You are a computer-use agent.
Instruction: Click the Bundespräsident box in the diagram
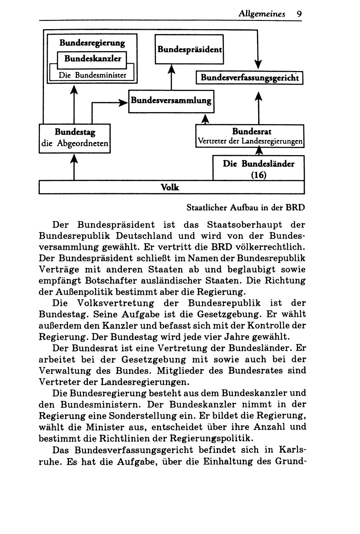[189, 49]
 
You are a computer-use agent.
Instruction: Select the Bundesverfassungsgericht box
[249, 78]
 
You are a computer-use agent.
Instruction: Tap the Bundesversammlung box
[171, 101]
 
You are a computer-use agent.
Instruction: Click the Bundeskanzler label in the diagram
[93, 59]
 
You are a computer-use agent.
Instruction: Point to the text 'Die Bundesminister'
[93, 75]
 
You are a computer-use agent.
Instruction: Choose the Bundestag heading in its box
[75, 132]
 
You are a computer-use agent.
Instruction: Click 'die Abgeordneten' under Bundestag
[75, 143]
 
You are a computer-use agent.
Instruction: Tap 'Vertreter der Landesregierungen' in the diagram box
[250, 141]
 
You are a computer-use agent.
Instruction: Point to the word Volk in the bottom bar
[170, 187]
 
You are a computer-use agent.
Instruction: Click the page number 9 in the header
[299, 14]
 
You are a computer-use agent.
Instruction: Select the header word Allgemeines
[262, 14]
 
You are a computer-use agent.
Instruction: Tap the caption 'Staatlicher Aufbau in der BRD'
[245, 208]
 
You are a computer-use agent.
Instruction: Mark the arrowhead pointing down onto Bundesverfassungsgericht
[258, 64]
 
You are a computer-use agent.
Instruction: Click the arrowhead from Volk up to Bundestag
[74, 159]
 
